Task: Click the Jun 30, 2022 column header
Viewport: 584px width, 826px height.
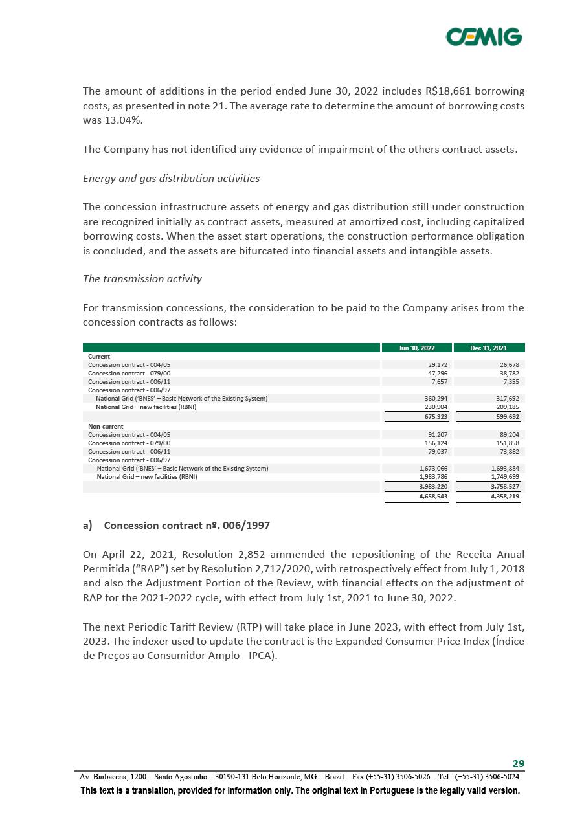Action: pos(416,348)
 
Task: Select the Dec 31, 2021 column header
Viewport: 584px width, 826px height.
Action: pos(489,348)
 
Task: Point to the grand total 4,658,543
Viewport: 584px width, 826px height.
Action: pos(434,497)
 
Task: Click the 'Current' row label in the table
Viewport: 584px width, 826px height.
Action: pos(99,356)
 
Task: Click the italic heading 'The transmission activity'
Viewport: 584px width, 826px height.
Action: pos(142,279)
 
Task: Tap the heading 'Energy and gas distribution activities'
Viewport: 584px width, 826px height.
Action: pos(171,179)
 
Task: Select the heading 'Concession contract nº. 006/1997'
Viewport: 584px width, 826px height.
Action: pos(186,526)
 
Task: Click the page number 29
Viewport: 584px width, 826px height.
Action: pos(518,763)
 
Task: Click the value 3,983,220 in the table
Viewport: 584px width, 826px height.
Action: pos(434,486)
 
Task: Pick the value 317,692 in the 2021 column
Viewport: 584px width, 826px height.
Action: pos(506,398)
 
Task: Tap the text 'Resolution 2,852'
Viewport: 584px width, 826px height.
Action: pos(221,555)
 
